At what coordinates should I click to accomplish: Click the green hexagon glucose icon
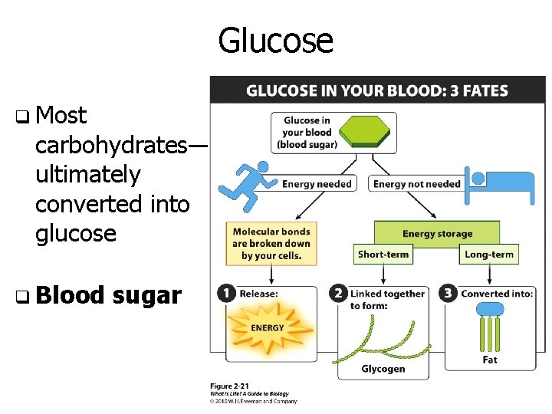click(x=367, y=130)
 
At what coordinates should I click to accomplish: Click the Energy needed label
click(x=317, y=184)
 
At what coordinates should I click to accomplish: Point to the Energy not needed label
click(x=417, y=184)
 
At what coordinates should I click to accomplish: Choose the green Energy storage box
click(x=437, y=234)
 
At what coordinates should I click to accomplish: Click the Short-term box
click(x=383, y=254)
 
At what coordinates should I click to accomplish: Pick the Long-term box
click(x=489, y=254)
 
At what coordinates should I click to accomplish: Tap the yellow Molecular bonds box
click(x=271, y=244)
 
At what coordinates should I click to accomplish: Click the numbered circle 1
click(x=226, y=294)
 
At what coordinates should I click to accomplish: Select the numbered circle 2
click(x=338, y=294)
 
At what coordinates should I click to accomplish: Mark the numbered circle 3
click(x=448, y=294)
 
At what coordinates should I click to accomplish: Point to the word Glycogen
click(x=383, y=370)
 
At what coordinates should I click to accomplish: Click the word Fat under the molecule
click(x=490, y=360)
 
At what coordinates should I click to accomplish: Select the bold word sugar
click(x=146, y=295)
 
